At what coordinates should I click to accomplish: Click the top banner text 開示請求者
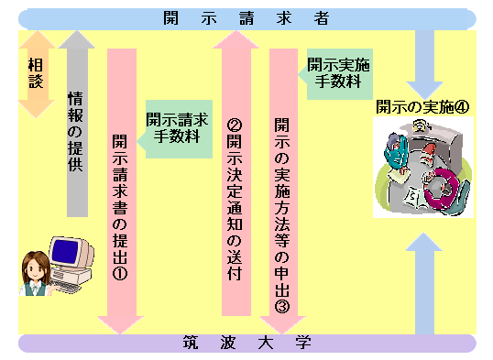(x=246, y=17)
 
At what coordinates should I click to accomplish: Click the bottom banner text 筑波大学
(x=246, y=344)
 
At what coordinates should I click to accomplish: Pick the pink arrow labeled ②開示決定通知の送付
(x=235, y=174)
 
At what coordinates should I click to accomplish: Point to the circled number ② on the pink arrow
(x=235, y=125)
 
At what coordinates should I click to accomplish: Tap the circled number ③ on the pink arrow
(x=282, y=306)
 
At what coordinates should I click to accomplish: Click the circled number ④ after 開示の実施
(x=462, y=105)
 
